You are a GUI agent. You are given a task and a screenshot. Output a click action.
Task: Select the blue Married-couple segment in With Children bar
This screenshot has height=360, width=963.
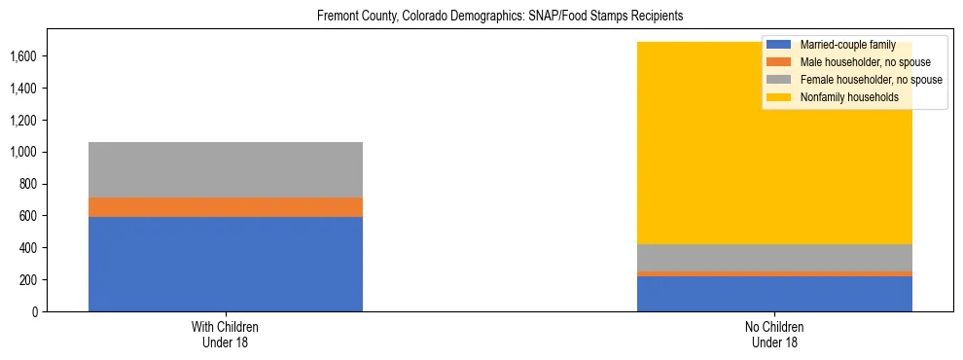(226, 264)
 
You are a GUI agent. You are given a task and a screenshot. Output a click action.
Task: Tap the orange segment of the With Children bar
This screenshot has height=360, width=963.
(226, 206)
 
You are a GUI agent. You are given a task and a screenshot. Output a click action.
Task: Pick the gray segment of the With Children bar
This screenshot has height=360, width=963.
(226, 169)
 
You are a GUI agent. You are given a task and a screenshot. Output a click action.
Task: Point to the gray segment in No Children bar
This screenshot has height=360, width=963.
(774, 258)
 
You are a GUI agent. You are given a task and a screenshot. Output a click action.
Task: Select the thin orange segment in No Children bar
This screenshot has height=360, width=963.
(774, 273)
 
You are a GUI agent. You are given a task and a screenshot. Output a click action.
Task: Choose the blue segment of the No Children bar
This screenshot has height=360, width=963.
(774, 294)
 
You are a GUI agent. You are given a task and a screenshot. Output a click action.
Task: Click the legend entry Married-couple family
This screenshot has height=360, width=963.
(846, 45)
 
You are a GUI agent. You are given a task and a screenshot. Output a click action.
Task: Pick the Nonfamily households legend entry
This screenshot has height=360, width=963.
(848, 97)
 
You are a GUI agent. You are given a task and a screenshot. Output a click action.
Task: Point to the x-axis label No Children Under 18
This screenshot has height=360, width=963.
(774, 335)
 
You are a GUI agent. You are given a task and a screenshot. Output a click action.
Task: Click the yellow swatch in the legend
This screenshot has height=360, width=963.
(780, 97)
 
